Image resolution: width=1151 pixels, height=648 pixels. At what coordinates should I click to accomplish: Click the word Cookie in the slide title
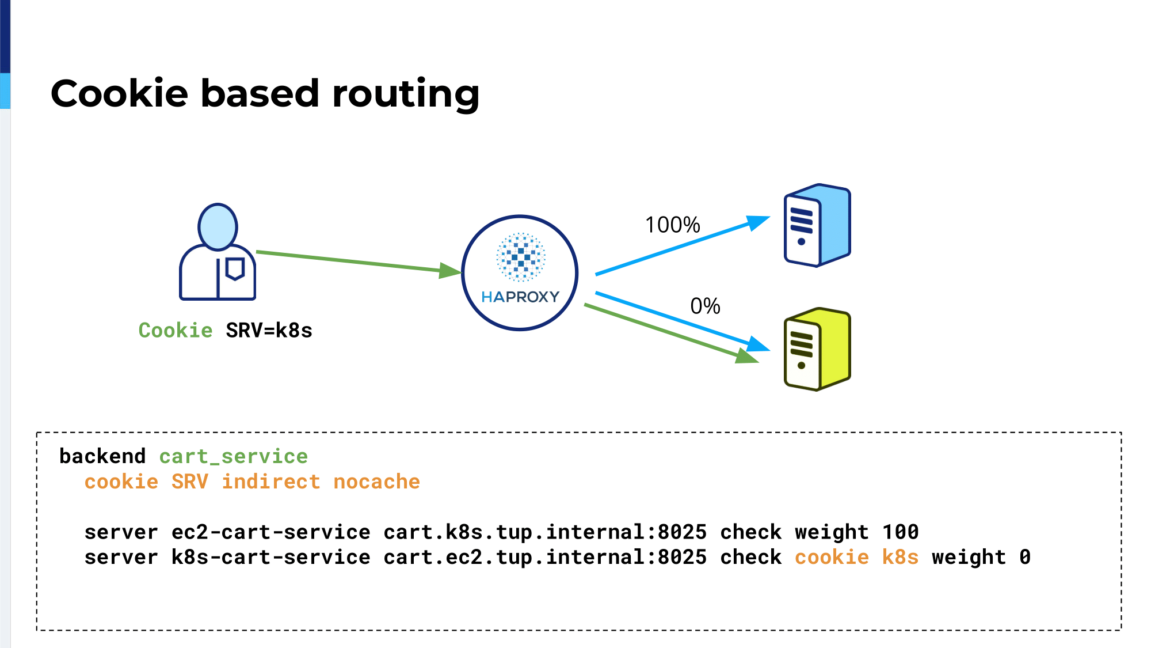(x=119, y=93)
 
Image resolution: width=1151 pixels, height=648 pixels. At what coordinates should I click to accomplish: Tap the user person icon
(x=218, y=252)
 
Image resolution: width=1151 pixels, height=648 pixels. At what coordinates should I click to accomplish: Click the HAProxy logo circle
(x=520, y=273)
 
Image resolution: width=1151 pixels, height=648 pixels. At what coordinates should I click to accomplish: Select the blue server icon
(x=817, y=225)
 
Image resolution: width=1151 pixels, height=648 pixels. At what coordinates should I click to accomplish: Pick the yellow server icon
(x=817, y=349)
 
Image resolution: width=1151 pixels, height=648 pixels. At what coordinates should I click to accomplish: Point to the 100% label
(x=672, y=225)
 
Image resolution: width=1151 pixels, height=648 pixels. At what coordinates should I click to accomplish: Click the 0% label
(x=705, y=306)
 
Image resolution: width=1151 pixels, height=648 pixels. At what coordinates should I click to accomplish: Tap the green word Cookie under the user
(x=176, y=331)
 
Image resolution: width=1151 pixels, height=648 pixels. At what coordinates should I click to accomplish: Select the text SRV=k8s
(x=269, y=331)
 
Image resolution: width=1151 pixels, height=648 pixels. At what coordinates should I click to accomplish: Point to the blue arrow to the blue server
(x=683, y=245)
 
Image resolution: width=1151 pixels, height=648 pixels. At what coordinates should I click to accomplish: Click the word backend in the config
(x=102, y=456)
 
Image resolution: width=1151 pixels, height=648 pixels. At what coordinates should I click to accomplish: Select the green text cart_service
(x=234, y=457)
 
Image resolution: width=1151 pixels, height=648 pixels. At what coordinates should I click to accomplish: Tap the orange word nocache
(x=377, y=482)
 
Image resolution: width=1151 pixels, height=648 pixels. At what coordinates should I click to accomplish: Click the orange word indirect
(x=271, y=482)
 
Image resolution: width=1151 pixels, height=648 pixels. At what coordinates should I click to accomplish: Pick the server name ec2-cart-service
(x=271, y=532)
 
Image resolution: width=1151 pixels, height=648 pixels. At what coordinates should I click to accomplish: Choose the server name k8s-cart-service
(x=271, y=558)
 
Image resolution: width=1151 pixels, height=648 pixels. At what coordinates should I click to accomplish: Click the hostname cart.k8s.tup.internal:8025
(x=545, y=532)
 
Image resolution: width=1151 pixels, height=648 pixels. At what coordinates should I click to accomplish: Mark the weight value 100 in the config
(x=901, y=532)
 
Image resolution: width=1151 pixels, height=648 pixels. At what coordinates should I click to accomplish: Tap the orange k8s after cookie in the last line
(x=901, y=558)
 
